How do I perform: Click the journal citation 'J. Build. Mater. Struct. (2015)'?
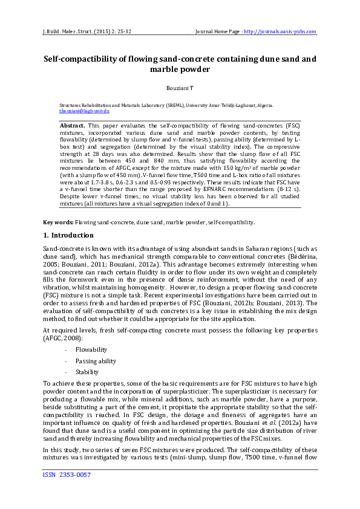click(79, 31)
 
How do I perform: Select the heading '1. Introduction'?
click(68, 235)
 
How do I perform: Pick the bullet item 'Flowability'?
click(91, 349)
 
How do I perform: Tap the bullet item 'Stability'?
click(87, 372)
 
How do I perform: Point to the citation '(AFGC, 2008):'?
click(61, 339)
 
